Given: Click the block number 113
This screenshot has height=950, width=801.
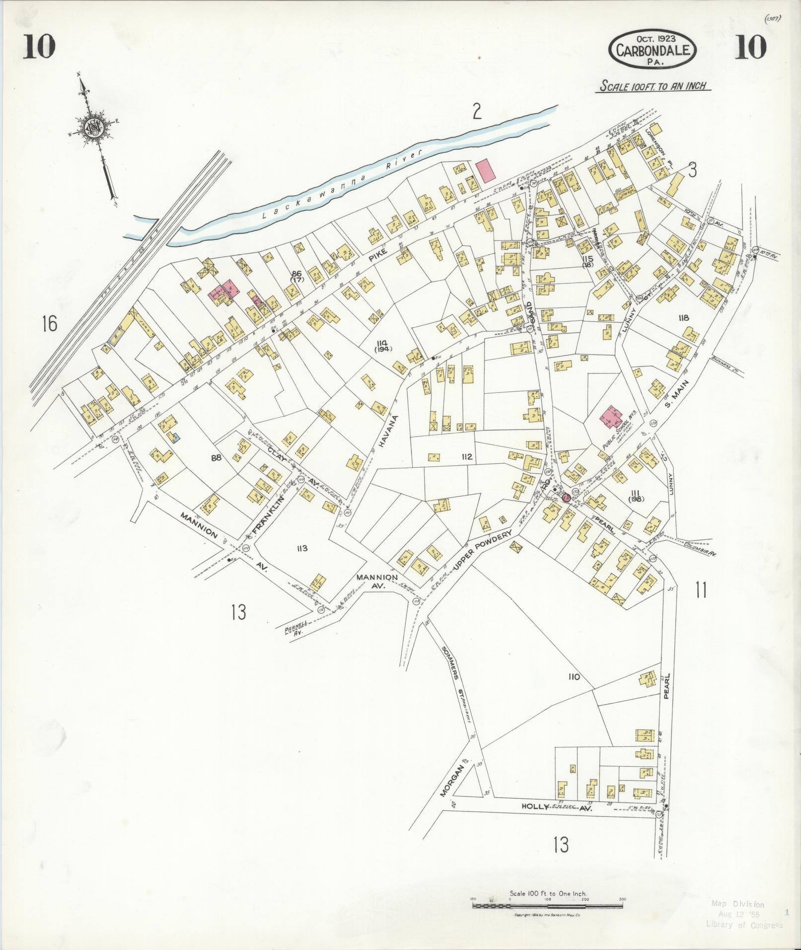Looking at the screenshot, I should point(302,548).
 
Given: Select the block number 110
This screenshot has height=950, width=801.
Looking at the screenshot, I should point(574,677).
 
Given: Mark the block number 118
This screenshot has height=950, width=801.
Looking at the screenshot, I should point(684,318).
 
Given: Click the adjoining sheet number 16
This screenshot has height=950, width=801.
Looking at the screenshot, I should point(50,324).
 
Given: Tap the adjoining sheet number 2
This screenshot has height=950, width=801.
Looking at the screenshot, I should point(477,112).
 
